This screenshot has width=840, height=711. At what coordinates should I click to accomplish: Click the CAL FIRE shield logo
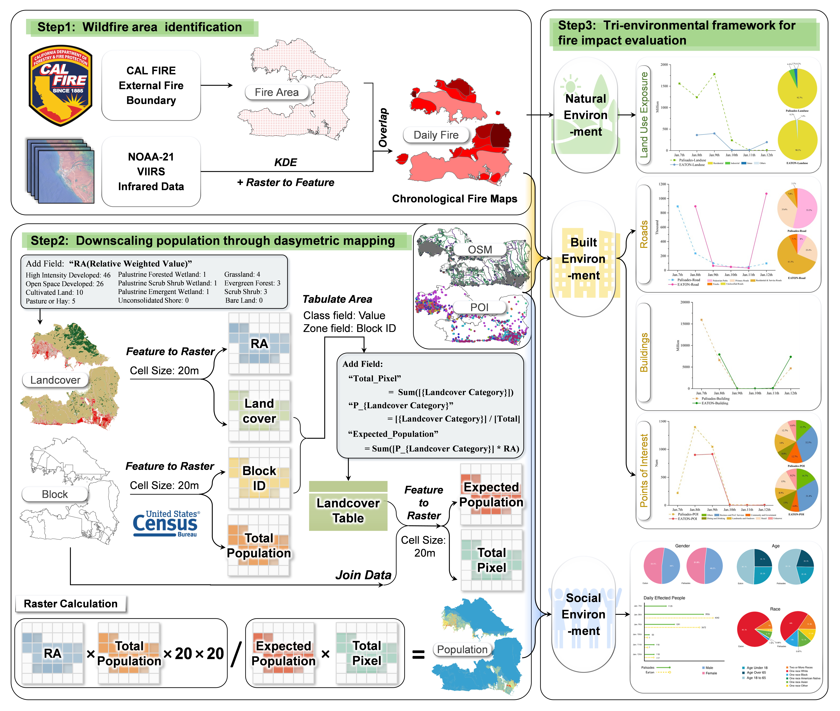60,85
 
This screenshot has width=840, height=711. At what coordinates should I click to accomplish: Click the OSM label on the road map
480,249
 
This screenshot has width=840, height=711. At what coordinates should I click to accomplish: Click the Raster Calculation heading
71,603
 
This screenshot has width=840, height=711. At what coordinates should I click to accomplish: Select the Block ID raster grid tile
259,478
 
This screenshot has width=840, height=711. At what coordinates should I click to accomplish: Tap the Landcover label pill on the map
55,380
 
